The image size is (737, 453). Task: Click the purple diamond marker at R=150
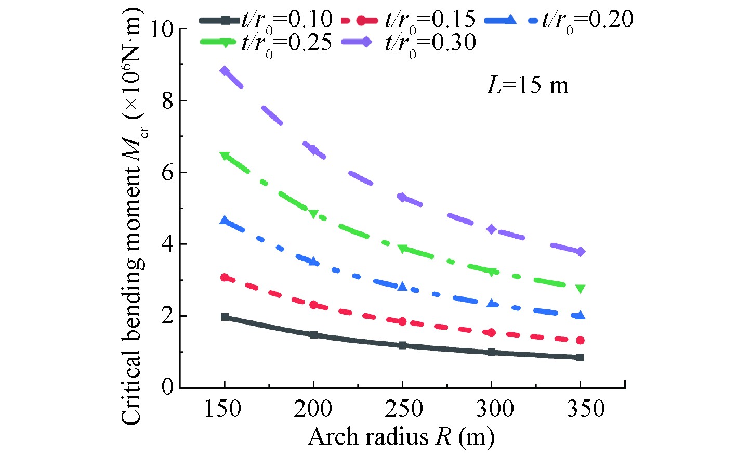point(225,71)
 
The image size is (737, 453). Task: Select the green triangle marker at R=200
point(313,214)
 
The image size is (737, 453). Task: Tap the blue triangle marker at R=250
point(402,286)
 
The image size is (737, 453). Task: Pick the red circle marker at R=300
point(491,332)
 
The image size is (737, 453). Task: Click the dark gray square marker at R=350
point(580,357)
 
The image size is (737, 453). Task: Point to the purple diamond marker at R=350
point(580,252)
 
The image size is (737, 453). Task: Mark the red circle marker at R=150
point(225,277)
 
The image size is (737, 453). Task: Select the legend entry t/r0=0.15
point(409,20)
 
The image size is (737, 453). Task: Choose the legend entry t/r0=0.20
point(559,20)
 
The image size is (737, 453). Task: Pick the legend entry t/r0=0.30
point(409,43)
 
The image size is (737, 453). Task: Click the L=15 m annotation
point(527,85)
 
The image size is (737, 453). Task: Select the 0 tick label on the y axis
point(167,387)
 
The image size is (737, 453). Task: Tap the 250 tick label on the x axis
point(403,409)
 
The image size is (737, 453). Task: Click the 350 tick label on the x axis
point(585,409)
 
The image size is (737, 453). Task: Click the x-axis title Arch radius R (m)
point(401,437)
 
